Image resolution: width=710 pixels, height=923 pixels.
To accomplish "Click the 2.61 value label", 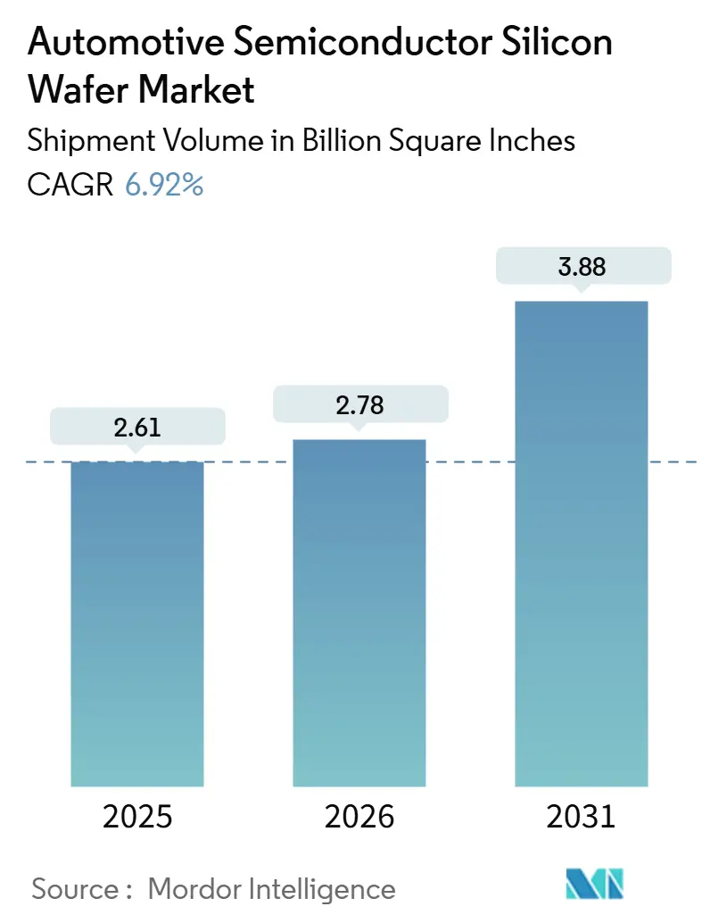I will click(x=136, y=428).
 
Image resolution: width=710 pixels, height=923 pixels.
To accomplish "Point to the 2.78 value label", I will click(x=359, y=405).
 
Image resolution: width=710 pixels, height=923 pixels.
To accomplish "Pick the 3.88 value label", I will click(x=581, y=267).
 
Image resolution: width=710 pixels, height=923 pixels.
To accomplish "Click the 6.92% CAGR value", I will click(x=164, y=185).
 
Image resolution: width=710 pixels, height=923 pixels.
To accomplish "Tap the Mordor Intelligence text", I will click(x=271, y=888).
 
